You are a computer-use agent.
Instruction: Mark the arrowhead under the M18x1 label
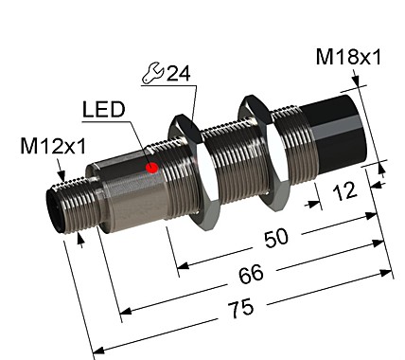click(362, 85)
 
